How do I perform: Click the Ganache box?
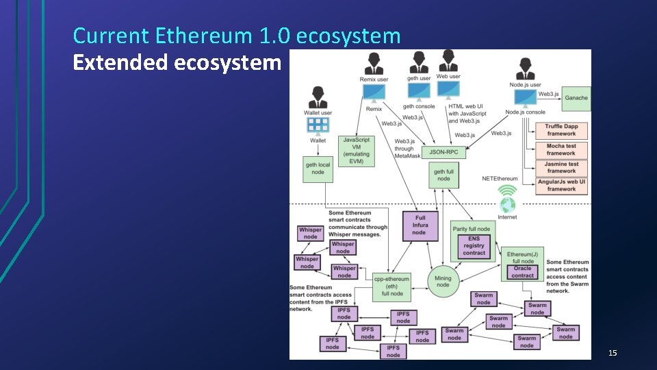click(576, 98)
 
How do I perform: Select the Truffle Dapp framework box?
click(561, 130)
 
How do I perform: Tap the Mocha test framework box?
click(561, 149)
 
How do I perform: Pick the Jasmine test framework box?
click(561, 168)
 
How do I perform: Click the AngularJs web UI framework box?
click(561, 186)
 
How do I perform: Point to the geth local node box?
click(318, 169)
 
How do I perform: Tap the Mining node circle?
click(443, 281)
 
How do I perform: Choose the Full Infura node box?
click(419, 225)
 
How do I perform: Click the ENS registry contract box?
click(474, 246)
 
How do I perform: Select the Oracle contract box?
click(523, 272)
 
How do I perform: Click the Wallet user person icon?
click(317, 97)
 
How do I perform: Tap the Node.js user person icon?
click(526, 69)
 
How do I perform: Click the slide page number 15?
click(613, 353)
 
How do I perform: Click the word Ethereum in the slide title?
click(205, 36)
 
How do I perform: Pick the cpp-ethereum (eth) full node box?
click(392, 286)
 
